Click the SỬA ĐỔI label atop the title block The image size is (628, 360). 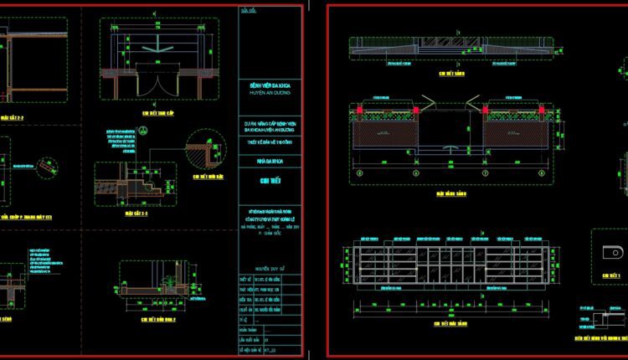(x=249, y=14)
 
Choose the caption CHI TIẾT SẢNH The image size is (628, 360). (x=452, y=75)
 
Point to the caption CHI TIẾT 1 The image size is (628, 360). (x=612, y=274)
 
